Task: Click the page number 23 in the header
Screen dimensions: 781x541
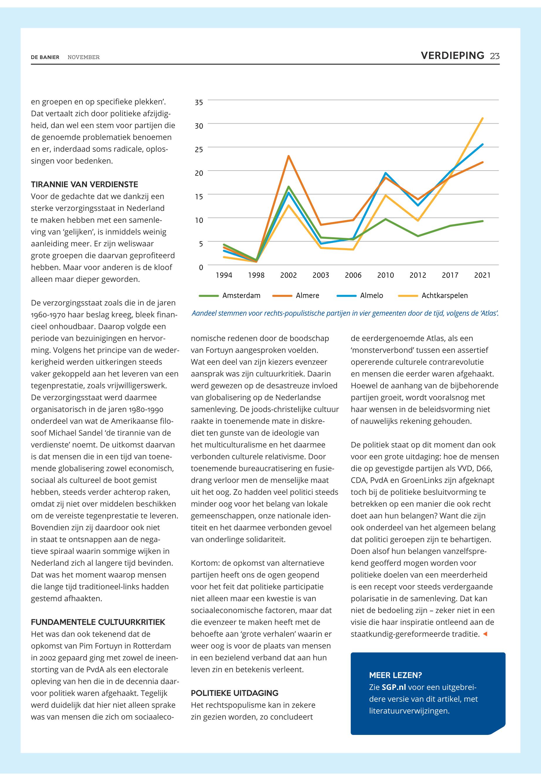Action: tap(495, 56)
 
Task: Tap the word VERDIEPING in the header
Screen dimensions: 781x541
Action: tap(452, 56)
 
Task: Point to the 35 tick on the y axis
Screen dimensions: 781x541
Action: tap(199, 102)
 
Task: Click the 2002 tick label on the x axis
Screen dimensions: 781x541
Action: tap(289, 275)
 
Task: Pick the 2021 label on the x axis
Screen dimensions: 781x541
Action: tap(482, 275)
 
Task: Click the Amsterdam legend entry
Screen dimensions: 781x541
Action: tap(241, 296)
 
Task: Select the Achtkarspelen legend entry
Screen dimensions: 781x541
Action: tap(445, 296)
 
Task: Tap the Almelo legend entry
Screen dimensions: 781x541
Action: tap(372, 296)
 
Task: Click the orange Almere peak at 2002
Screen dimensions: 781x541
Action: tap(289, 156)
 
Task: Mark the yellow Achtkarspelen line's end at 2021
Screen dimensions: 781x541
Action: tap(482, 118)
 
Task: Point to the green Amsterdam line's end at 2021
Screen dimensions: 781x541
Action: tap(482, 221)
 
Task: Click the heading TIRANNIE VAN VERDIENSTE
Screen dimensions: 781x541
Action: tap(84, 185)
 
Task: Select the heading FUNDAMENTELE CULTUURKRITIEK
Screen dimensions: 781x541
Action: tap(98, 622)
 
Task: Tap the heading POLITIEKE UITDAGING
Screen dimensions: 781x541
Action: tap(235, 693)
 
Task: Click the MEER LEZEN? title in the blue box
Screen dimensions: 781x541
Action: tap(395, 675)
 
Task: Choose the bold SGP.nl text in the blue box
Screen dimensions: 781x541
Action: tap(394, 687)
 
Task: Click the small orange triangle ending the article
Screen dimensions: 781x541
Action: tap(485, 634)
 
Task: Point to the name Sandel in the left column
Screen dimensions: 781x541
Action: tap(89, 433)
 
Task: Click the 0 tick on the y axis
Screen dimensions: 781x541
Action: tap(201, 267)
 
